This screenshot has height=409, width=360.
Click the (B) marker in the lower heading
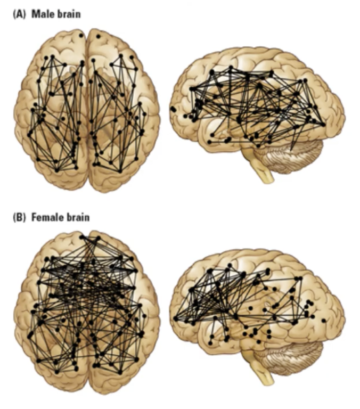20,217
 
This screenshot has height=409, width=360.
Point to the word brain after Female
78,217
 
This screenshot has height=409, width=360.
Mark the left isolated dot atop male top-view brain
81,35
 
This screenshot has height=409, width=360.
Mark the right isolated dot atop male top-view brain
98,36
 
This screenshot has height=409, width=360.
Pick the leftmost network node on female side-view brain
175,318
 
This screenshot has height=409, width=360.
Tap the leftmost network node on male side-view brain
173,109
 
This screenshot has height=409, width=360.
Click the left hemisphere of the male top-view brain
53,107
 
